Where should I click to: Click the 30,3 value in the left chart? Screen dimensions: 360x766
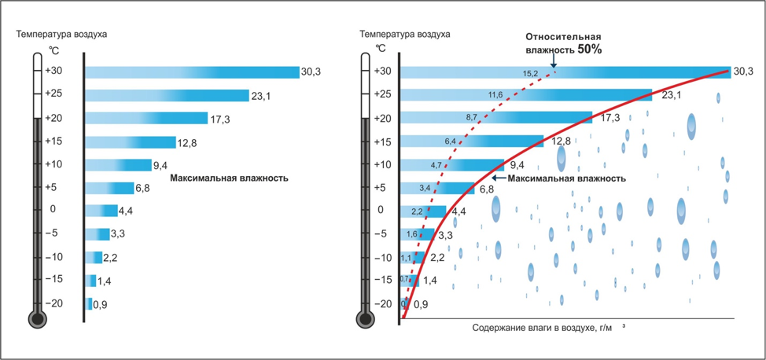pos(311,72)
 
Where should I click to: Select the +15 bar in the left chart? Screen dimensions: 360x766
pos(130,142)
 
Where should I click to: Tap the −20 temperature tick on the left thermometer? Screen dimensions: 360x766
pos(54,303)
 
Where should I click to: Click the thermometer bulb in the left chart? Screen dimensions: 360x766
pos(36,319)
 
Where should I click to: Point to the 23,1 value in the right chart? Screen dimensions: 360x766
pos(671,95)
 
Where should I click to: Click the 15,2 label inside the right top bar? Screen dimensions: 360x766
pos(529,73)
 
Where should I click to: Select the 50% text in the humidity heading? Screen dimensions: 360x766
pos(589,49)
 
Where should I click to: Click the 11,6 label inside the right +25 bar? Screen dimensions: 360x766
pos(495,95)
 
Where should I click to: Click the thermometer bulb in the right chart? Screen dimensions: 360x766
pos(365,319)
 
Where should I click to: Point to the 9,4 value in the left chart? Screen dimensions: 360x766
pos(161,165)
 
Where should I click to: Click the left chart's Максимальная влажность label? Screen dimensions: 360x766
pos(229,178)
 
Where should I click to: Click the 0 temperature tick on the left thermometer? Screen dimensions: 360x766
pos(53,210)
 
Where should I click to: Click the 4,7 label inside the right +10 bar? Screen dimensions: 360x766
pos(436,166)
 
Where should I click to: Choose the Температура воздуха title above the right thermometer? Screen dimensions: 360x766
pos(404,35)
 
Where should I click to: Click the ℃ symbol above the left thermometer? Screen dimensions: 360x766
pos(54,50)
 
